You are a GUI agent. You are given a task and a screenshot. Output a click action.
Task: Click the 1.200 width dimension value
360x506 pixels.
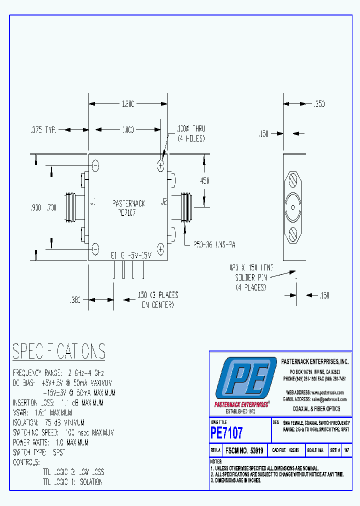click(127, 104)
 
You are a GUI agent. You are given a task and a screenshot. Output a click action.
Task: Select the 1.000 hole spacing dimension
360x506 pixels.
click(127, 129)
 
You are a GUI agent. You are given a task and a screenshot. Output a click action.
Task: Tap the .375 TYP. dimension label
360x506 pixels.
click(43, 129)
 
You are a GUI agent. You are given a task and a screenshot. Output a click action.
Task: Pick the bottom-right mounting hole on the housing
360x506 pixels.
click(161, 247)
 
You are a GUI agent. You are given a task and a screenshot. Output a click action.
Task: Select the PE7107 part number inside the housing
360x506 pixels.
click(128, 212)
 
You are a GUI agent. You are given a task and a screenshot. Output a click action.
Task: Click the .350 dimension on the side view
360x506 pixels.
click(318, 104)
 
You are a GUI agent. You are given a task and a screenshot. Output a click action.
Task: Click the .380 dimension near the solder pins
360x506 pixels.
click(76, 300)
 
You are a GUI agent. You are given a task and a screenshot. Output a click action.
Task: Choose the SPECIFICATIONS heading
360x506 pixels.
click(59, 351)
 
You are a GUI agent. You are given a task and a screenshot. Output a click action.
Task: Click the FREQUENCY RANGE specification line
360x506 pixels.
click(58, 373)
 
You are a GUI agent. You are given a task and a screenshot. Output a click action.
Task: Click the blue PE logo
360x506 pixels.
click(245, 377)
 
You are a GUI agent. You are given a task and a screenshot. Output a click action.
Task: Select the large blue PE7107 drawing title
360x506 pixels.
click(227, 431)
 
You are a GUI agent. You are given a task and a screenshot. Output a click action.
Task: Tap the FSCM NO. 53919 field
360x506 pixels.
click(244, 450)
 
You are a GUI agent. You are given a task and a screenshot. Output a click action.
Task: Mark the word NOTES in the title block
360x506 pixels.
click(216, 461)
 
